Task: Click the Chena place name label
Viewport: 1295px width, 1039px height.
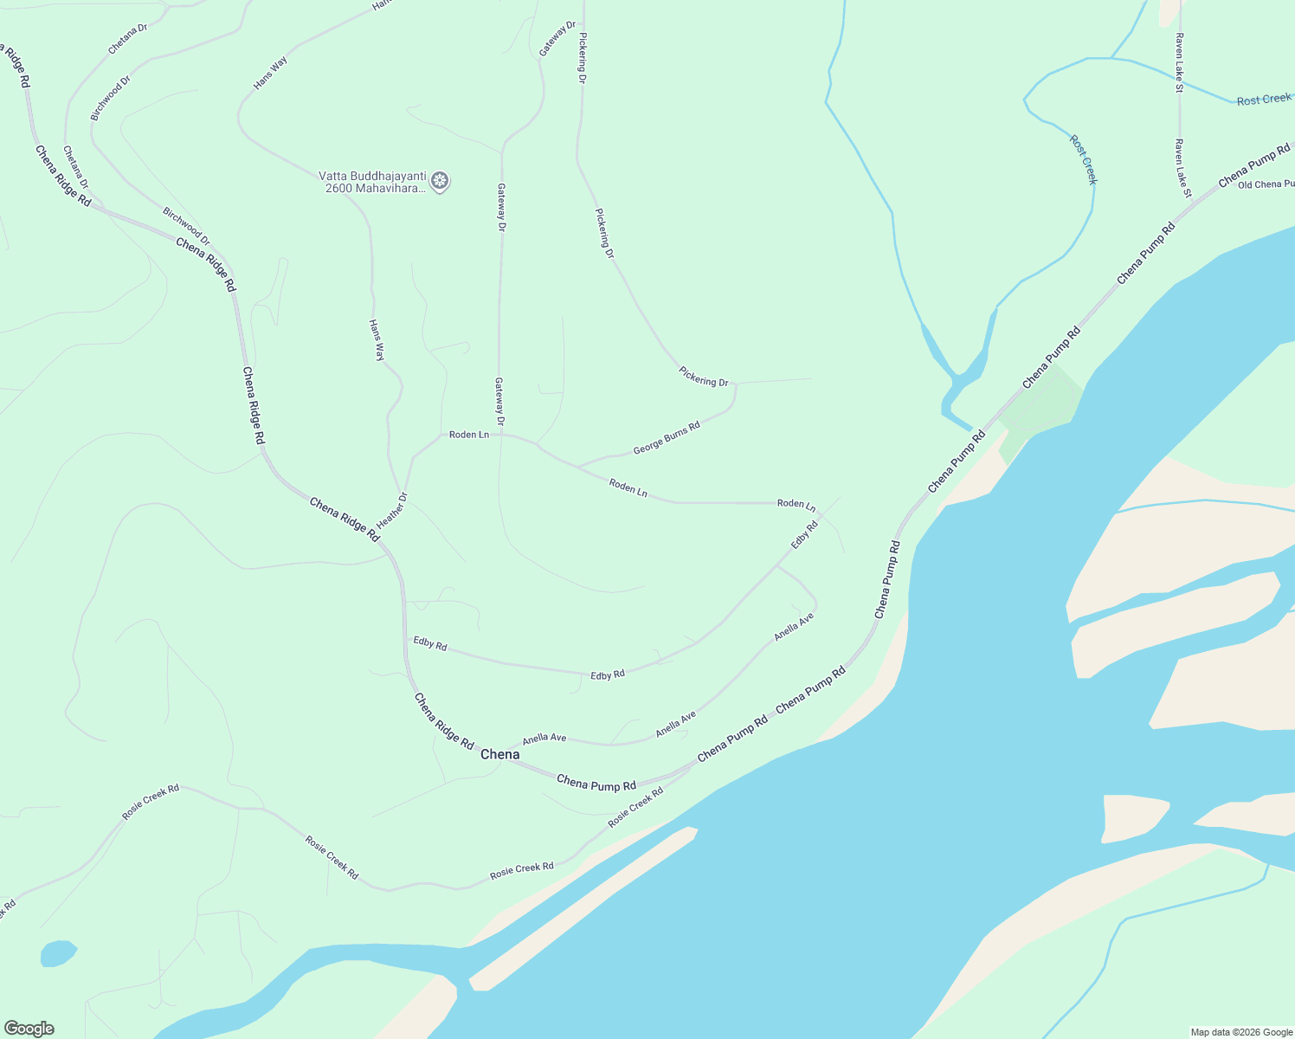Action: [500, 754]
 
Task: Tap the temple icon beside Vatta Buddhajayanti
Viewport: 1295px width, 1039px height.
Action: [440, 181]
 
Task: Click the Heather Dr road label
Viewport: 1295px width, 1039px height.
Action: [391, 511]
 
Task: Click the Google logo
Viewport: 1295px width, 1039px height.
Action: [29, 1029]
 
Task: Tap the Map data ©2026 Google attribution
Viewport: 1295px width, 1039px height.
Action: [1240, 1032]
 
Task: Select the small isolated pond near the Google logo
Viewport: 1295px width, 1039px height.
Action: [58, 953]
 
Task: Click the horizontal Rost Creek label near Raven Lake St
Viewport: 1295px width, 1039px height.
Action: [1263, 100]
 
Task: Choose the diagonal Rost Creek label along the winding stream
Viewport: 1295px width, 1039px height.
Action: [1082, 159]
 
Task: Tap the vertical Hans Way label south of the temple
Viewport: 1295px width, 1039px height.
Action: [377, 340]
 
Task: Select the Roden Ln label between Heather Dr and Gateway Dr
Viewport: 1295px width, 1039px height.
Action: [469, 435]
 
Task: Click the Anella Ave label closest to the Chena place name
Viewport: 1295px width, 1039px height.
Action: [544, 739]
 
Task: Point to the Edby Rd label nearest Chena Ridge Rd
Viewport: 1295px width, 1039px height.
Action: [430, 644]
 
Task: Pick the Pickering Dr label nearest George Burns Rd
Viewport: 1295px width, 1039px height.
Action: [704, 378]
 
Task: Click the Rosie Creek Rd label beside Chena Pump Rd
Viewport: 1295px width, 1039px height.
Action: [635, 807]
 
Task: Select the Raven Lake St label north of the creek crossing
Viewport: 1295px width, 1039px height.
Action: [1178, 63]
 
